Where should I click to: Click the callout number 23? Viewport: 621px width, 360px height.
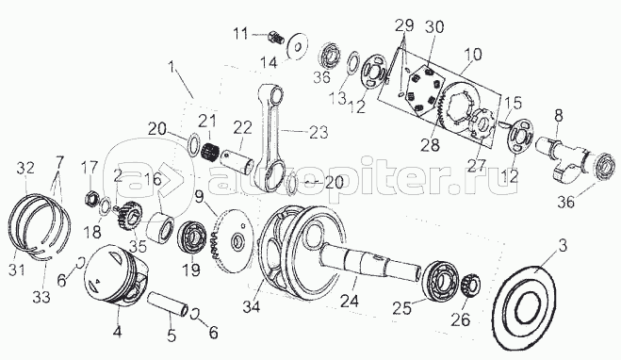tap(319, 132)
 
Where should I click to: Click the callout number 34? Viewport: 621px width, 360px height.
tap(252, 306)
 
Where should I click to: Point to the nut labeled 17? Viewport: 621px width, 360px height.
tap(90, 196)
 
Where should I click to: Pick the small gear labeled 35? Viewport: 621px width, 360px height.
tap(126, 219)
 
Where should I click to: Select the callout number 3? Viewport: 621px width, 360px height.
tap(562, 246)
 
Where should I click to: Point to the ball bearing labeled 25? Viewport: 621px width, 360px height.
tap(440, 279)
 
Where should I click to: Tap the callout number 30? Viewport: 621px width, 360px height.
tap(434, 27)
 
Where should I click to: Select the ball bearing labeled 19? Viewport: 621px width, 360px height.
tap(193, 238)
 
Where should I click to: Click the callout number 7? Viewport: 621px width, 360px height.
tap(59, 162)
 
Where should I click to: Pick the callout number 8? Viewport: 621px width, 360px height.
tap(558, 117)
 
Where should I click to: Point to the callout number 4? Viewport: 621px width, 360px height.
tap(117, 332)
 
